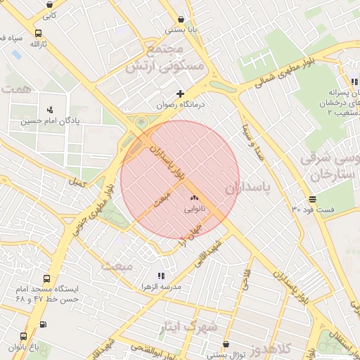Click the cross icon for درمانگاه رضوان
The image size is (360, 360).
pyautogui.click(x=181, y=93)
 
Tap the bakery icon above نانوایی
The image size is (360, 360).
pyautogui.click(x=194, y=198)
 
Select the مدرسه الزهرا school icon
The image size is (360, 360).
pyautogui.click(x=161, y=276)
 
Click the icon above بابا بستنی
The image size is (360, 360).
pyautogui.click(x=182, y=19)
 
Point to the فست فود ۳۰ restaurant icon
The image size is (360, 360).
pyautogui.click(x=312, y=199)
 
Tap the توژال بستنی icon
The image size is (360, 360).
pyautogui.click(x=225, y=345)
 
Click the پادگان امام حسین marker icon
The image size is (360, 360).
pyautogui.click(x=49, y=110)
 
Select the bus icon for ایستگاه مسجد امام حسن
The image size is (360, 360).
pyautogui.click(x=46, y=278)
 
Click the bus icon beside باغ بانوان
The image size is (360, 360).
pyautogui.click(x=23, y=336)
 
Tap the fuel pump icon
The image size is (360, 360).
pyautogui.click(x=44, y=325)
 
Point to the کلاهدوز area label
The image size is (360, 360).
pyautogui.click(x=285, y=349)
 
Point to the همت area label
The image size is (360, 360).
pyautogui.click(x=15, y=89)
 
